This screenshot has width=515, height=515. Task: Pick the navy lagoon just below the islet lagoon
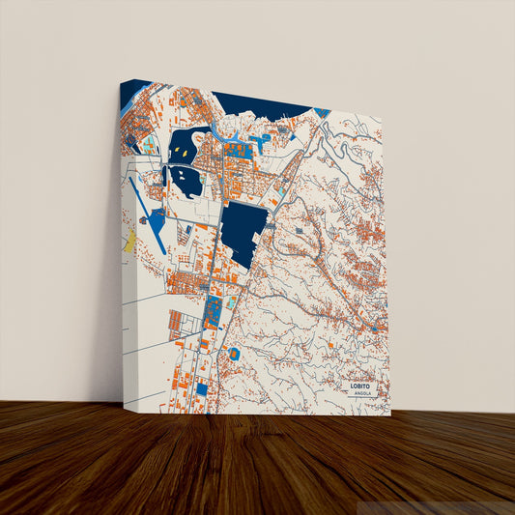[185, 181]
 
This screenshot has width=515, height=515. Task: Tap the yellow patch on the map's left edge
[129, 241]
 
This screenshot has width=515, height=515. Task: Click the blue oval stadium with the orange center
[234, 354]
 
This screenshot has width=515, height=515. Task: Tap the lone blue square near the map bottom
[201, 388]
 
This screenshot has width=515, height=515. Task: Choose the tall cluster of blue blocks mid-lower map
[213, 311]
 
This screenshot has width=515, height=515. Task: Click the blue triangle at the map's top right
[322, 113]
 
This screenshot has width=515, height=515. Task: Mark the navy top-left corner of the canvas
[134, 93]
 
